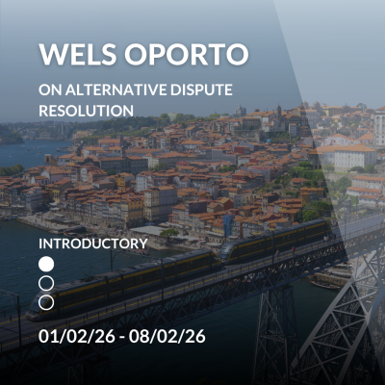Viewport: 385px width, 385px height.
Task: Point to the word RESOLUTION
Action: pos(86,110)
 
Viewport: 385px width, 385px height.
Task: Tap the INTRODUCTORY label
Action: pos(93,243)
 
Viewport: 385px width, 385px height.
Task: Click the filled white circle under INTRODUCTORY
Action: pos(46,263)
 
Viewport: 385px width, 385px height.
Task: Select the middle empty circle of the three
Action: pos(46,283)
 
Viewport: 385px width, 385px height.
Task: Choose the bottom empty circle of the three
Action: pos(46,302)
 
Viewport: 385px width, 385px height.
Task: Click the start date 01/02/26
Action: pos(76,338)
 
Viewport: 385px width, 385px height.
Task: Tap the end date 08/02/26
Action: pos(170,338)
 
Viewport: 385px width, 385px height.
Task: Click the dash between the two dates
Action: pos(123,338)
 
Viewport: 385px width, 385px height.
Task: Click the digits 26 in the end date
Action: pos(193,338)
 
